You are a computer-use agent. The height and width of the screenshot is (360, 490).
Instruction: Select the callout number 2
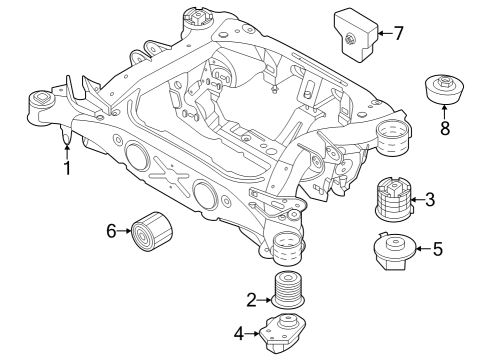251,297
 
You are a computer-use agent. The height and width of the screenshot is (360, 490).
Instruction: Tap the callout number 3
430,200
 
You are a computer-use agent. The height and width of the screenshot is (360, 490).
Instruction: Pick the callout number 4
239,333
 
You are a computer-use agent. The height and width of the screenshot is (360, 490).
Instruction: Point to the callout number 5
437,249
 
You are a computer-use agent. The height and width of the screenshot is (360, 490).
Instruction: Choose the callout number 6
112,232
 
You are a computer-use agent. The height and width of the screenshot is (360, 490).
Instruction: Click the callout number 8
444,127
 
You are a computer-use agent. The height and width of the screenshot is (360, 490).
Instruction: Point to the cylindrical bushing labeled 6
153,233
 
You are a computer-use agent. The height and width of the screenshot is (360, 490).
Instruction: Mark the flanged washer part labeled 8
445,89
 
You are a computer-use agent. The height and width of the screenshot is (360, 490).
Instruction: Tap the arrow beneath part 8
444,113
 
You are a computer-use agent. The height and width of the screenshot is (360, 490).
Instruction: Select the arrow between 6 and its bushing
127,232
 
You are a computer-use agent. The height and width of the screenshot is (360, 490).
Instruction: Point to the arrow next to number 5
421,249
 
